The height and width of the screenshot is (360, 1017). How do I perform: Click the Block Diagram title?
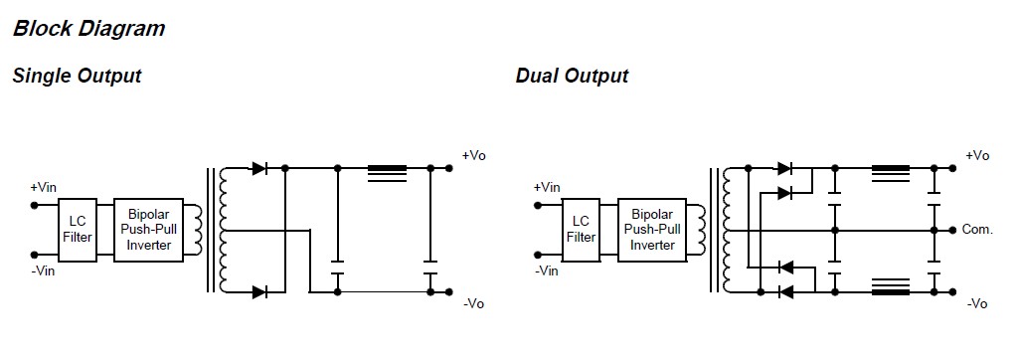tap(88, 29)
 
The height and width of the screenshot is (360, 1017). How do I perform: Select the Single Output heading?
tap(77, 76)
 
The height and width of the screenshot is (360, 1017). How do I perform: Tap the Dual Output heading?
tap(572, 76)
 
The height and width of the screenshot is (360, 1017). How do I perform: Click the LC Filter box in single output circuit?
tap(77, 230)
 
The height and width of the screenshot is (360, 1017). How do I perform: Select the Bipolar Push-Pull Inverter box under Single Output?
tap(150, 230)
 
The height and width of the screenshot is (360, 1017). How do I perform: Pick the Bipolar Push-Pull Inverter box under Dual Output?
tap(653, 230)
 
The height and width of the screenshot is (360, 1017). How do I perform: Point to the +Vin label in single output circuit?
tap(44, 187)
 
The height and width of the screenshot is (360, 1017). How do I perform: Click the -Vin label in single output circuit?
tap(43, 270)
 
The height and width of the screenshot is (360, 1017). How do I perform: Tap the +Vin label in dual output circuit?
tap(547, 187)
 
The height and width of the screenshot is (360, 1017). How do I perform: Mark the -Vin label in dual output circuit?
tap(546, 270)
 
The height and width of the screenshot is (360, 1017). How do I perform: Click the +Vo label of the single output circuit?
tap(473, 155)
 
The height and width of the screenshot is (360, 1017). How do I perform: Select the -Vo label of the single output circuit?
tap(473, 303)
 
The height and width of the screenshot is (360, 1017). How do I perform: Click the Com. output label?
tap(977, 230)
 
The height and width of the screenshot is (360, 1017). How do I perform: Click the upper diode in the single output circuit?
tap(260, 169)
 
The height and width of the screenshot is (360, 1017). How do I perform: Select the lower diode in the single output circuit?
tap(260, 292)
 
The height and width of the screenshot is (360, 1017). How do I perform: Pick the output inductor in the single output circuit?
tap(387, 173)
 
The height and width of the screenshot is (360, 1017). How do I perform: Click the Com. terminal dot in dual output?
tap(951, 230)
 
